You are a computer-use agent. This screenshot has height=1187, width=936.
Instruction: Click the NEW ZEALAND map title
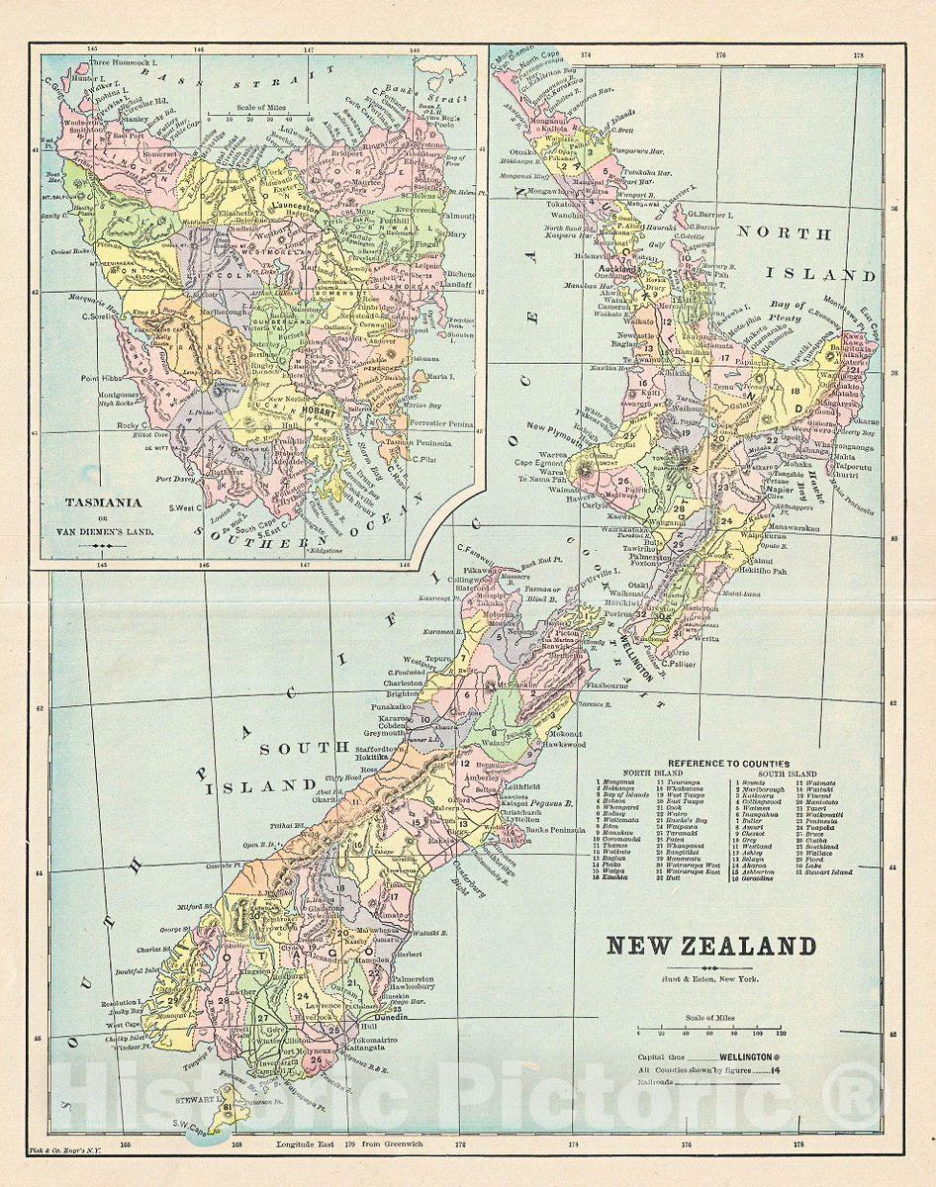click(710, 946)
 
